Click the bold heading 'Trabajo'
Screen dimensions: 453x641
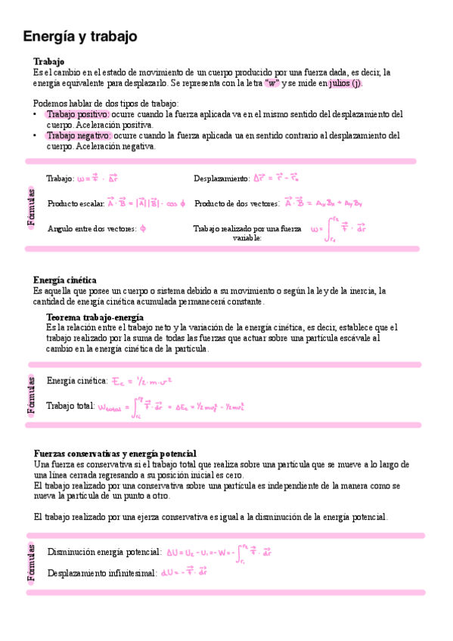coord(48,61)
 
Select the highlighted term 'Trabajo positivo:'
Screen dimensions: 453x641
coord(79,114)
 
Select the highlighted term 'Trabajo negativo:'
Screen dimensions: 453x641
coord(79,136)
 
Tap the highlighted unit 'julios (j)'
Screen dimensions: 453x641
coord(345,83)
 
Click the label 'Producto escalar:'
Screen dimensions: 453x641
coord(76,204)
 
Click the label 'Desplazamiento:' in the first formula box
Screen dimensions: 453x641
coord(222,179)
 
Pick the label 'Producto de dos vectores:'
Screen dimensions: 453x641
coord(237,204)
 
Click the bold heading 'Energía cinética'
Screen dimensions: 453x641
coord(65,280)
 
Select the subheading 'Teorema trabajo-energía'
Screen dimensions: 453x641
coord(95,317)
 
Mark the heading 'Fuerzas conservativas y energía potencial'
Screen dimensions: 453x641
coord(115,454)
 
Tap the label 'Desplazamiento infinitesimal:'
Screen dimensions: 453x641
coord(102,574)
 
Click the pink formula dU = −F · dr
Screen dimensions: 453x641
coord(184,573)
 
